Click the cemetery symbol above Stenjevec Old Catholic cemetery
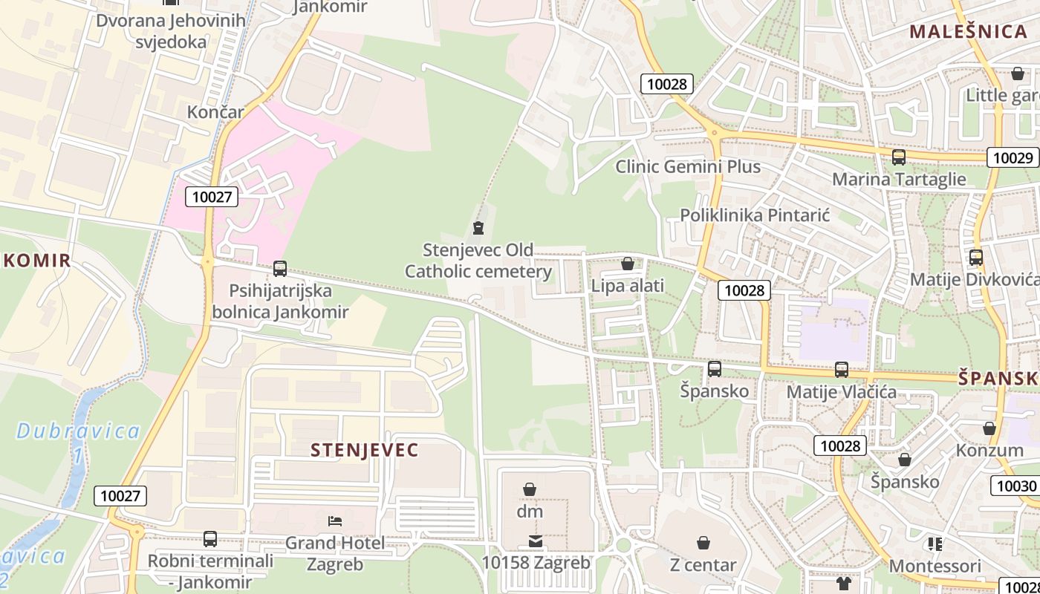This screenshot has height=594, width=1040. pos(478,228)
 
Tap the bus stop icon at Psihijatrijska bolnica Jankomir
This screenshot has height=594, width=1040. pos(279,269)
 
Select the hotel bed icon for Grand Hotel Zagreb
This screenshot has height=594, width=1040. pos(335,521)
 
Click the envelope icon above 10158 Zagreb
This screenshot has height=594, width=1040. pos(536,541)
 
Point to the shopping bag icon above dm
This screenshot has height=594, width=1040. pos(530,489)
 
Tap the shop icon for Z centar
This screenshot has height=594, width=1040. pos(703,543)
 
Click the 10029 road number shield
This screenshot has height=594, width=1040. pos(1013,157)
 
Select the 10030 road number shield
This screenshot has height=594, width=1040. pos(1015,486)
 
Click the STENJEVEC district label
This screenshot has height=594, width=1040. pos(364,450)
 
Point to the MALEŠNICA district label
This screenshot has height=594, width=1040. pos(968,31)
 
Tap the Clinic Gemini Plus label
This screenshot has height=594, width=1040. pos(688,166)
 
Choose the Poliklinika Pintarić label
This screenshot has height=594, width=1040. pos(755,215)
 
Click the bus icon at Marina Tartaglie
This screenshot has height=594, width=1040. pos(898,157)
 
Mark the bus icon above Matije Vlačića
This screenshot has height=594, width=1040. pos(841,369)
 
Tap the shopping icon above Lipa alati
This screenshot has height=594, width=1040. pos(627,264)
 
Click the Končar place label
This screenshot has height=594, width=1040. pos(215,112)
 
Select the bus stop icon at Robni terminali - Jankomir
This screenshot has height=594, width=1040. pos(210,539)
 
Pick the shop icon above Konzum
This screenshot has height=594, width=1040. pos(989,428)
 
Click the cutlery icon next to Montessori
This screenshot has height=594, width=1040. pos(935,544)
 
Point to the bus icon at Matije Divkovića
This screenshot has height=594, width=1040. pos(975,258)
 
